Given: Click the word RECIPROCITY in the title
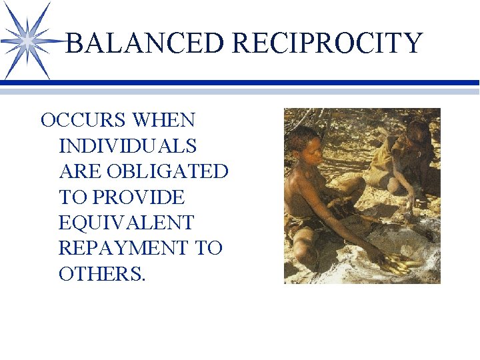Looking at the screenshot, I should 327,43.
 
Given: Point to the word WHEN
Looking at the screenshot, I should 164,121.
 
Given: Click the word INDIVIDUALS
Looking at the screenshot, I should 127,146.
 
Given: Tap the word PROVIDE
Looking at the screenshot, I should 139,197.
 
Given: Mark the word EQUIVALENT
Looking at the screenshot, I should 126,223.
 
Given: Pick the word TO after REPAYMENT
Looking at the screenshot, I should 208,248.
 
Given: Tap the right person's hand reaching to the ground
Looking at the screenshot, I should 414,200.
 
